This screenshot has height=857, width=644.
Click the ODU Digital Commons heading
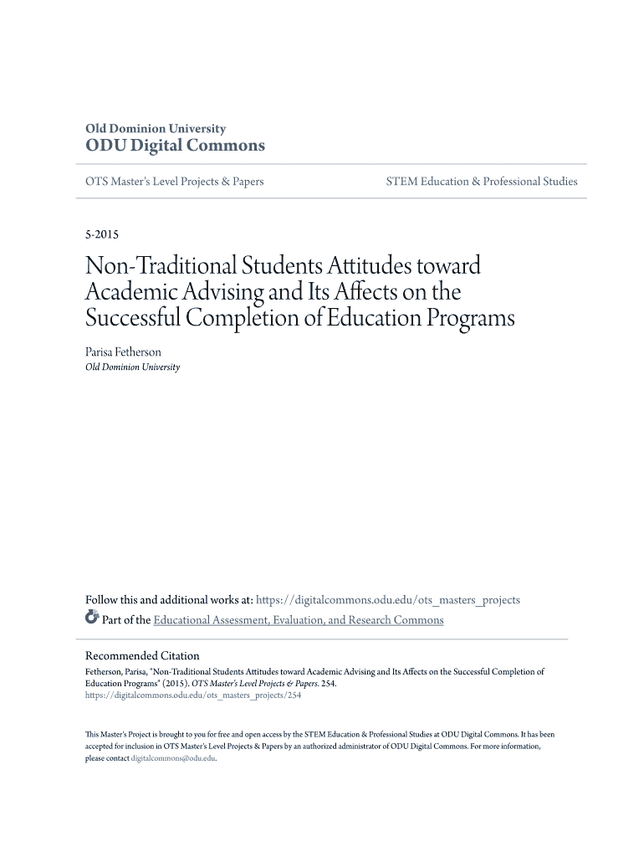tap(176, 146)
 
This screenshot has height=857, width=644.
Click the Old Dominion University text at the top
tap(156, 129)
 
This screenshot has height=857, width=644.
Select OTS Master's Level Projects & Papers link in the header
tap(175, 182)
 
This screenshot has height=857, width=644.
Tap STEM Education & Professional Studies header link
tap(481, 182)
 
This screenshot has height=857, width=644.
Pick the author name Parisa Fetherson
tap(124, 352)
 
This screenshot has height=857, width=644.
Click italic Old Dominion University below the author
tap(133, 367)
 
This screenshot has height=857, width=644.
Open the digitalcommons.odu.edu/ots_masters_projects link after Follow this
tap(387, 600)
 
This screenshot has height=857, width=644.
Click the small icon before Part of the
tap(92, 619)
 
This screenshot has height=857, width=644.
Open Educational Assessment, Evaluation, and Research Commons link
tap(299, 620)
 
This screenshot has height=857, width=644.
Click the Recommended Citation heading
tap(143, 655)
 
